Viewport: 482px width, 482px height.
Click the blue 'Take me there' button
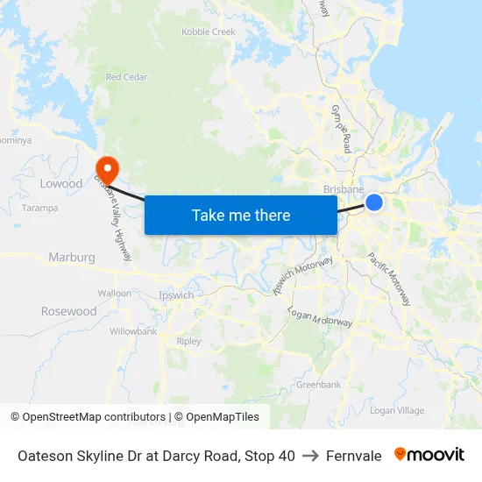point(241,215)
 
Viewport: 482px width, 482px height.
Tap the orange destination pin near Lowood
point(107,167)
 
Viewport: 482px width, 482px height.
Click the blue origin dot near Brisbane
point(374,202)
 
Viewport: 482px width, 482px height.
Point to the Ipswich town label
point(176,295)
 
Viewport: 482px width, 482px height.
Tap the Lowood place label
point(61,184)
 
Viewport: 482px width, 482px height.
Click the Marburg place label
point(72,258)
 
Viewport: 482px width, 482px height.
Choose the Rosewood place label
point(69,311)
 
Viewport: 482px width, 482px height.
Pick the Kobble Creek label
point(209,32)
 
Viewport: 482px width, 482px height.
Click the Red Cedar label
point(126,77)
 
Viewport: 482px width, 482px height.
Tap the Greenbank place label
point(318,385)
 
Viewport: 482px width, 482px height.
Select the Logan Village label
point(397,410)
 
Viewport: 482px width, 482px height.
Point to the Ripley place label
point(188,342)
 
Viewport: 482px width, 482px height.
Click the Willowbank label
point(133,332)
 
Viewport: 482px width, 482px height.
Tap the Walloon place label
point(115,293)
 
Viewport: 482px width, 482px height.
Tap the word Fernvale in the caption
point(354,456)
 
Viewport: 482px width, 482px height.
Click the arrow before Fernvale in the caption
point(310,456)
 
